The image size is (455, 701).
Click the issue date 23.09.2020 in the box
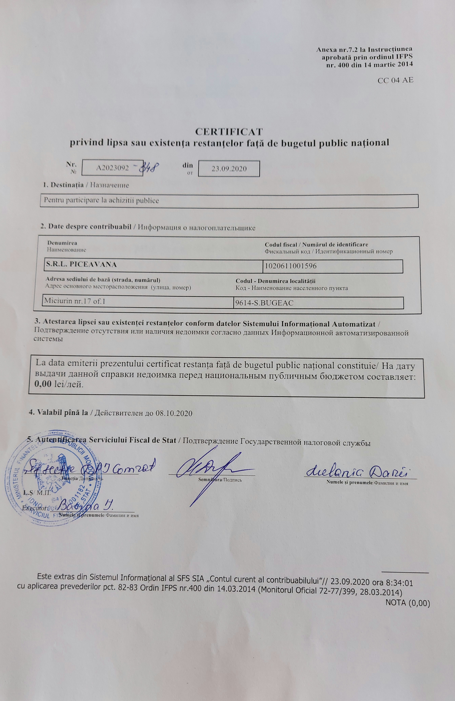coord(229,169)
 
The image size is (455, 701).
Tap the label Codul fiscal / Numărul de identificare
coord(316,244)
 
